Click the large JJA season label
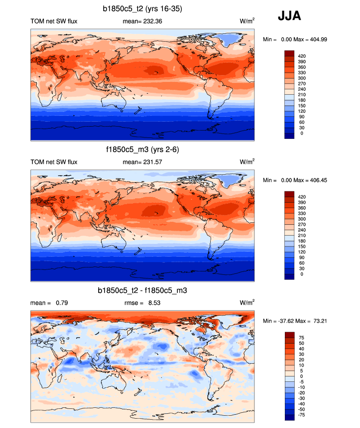click(x=290, y=16)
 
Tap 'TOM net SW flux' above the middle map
click(x=54, y=162)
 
